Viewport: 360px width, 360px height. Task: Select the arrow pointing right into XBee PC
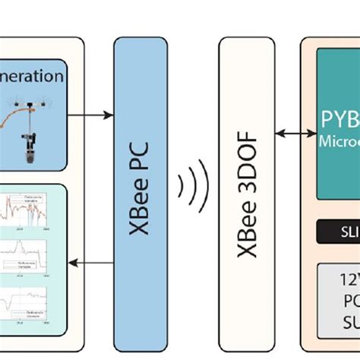[90, 115]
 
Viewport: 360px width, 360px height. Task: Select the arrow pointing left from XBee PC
[90, 262]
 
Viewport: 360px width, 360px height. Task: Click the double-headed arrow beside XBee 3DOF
[293, 134]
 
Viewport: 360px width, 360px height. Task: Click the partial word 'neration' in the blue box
[33, 76]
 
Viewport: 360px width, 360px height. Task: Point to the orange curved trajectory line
[46, 114]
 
